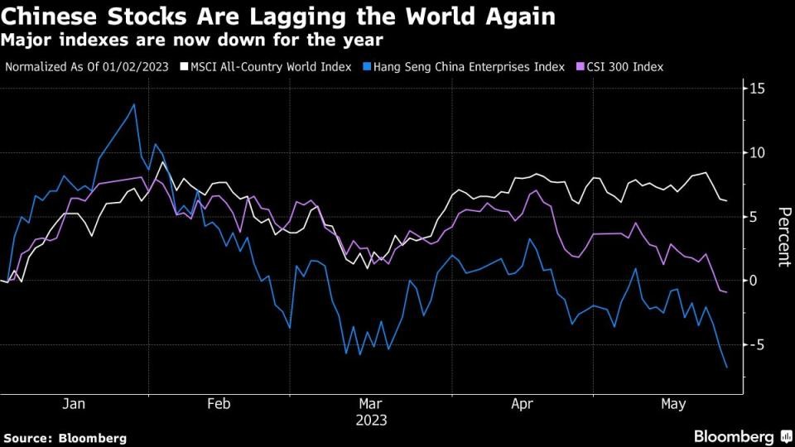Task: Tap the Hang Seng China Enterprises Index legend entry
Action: click(x=469, y=66)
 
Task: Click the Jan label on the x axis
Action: click(x=74, y=404)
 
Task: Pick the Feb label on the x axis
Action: click(x=218, y=404)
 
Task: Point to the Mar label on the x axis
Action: click(x=369, y=404)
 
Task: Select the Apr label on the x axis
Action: click(x=522, y=404)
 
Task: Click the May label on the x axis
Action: click(x=673, y=404)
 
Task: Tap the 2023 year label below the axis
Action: click(x=370, y=420)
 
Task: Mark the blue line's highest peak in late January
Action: click(x=134, y=104)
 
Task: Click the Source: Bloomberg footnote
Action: click(x=65, y=437)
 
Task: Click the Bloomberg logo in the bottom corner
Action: click(x=734, y=436)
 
